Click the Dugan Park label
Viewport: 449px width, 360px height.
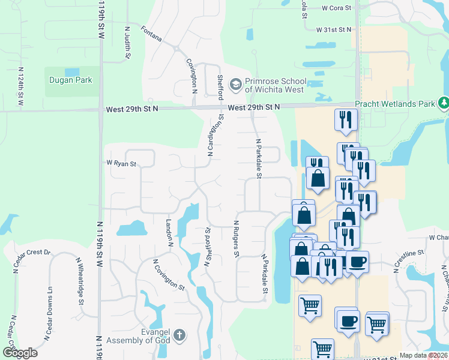click(x=71, y=80)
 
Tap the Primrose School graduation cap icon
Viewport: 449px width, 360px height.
click(x=236, y=83)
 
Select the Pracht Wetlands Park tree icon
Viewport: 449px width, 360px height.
click(x=443, y=103)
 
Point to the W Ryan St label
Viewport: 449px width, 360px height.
click(x=121, y=163)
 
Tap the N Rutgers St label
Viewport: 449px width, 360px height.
click(x=237, y=238)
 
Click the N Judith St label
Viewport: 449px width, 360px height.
click(x=127, y=42)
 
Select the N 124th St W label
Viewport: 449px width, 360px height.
click(x=20, y=89)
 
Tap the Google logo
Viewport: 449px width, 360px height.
click(x=20, y=352)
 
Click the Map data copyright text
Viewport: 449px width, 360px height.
click(x=424, y=355)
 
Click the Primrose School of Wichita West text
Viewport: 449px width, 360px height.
click(x=276, y=86)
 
